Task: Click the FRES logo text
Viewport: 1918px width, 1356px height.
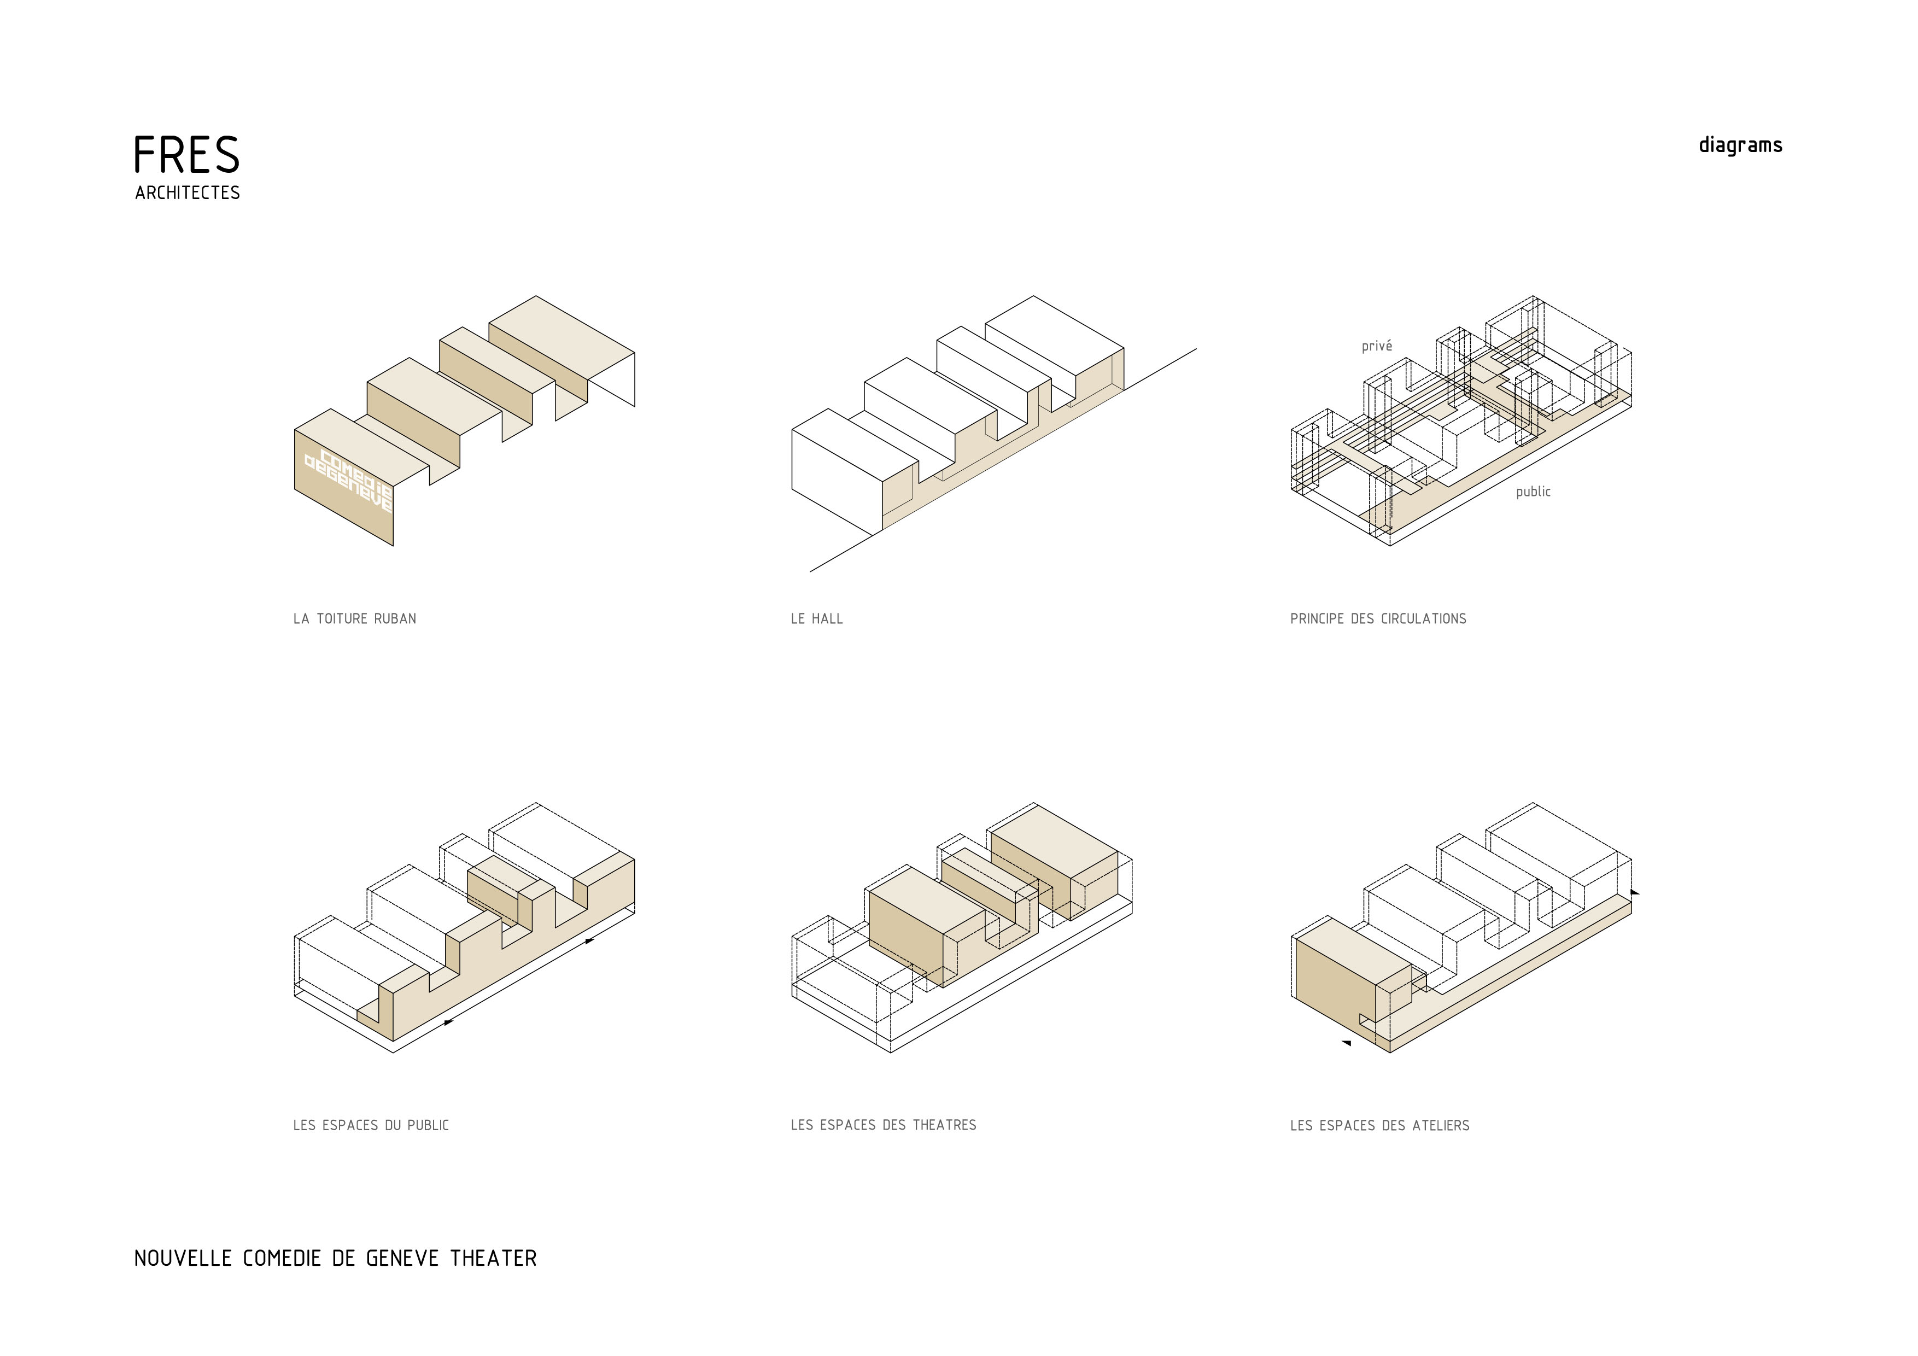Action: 186,155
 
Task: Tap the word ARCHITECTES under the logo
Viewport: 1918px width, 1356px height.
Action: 187,193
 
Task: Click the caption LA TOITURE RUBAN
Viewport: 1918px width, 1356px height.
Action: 354,619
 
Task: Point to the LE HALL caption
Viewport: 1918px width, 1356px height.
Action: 817,619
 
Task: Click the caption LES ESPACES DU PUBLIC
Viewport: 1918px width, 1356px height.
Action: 371,1125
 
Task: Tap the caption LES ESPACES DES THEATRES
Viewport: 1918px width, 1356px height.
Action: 884,1125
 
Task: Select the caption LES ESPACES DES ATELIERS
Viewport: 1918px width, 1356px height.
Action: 1380,1125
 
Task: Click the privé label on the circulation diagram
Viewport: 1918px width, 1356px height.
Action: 1377,346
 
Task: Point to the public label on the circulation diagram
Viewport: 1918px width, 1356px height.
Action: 1533,491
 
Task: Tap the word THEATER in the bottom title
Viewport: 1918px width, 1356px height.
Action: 494,1258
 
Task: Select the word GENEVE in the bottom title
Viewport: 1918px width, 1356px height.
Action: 402,1258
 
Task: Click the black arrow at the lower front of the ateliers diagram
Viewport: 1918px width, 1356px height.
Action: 1346,1043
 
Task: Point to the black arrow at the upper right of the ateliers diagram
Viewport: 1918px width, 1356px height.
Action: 1635,892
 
